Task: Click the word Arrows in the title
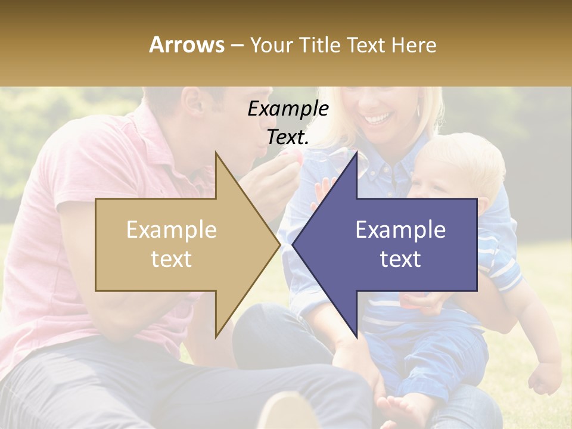pos(186,45)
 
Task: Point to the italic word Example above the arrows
pos(288,109)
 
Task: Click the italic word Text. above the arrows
pos(288,137)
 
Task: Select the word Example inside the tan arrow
pos(171,230)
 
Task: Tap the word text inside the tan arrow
pos(171,259)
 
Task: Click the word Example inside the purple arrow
pos(400,230)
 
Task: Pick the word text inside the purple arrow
pos(400,259)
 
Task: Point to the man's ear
pos(195,101)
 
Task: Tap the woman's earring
pos(418,110)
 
